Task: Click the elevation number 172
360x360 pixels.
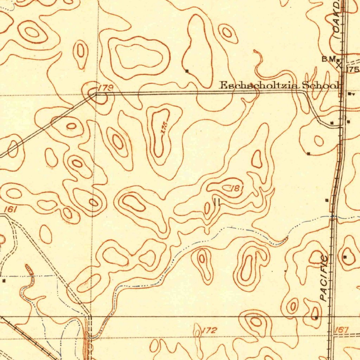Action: coord(210,330)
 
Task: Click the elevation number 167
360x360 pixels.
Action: coord(341,330)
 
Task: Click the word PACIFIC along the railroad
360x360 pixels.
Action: coord(324,278)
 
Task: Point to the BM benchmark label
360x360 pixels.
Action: coord(329,59)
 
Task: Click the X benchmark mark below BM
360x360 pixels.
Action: coord(339,65)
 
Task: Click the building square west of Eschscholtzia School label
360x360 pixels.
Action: coord(187,71)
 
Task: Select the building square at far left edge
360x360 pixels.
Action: coord(4,281)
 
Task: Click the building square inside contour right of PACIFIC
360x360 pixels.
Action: coord(345,257)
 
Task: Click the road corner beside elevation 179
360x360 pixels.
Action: coord(96,94)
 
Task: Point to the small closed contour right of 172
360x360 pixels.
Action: coord(256,321)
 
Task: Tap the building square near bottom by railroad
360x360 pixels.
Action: coord(316,318)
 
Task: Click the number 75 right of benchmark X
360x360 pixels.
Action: coord(353,70)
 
